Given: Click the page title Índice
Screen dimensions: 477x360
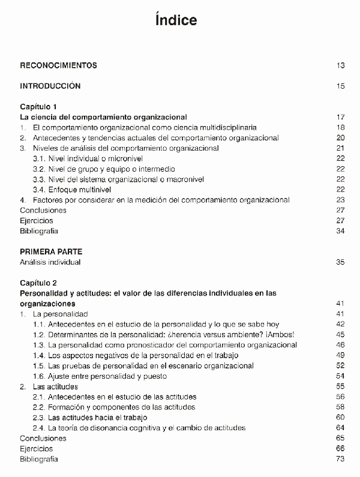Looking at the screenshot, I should (176, 21).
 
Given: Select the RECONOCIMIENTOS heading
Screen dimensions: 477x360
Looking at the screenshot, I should (58, 65).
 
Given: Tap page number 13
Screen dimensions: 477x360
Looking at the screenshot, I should (340, 65).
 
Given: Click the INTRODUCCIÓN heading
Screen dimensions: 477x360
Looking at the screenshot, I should (50, 86).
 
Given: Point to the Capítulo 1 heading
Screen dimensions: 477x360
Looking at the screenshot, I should (40, 106).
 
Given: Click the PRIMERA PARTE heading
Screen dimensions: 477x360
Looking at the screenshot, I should (51, 251).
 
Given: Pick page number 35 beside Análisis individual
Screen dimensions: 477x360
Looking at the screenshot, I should (340, 262).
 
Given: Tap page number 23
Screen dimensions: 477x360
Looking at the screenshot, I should (340, 200).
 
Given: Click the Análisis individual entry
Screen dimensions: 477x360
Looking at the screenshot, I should (50, 262).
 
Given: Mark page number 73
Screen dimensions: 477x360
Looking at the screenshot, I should (340, 459).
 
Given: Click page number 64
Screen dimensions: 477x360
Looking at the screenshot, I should (340, 428).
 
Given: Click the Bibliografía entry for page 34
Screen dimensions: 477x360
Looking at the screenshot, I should (39, 231).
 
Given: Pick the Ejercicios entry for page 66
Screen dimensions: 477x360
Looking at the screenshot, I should (36, 449).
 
